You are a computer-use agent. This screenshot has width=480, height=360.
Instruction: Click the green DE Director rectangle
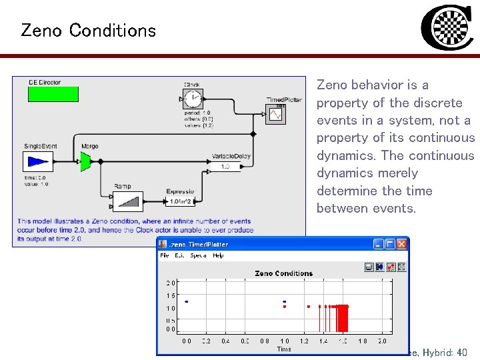click(53, 94)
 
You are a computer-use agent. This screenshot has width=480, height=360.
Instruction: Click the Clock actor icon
click(193, 99)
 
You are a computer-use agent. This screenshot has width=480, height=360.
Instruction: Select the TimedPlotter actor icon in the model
click(275, 115)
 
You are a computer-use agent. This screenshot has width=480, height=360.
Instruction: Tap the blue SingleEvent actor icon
click(39, 161)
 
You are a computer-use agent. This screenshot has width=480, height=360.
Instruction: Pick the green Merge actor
click(85, 161)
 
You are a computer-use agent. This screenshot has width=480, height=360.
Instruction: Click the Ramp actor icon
click(127, 201)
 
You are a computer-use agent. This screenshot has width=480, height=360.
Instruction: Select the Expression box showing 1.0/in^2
click(181, 201)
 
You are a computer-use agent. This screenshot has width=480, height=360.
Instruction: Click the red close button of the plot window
click(401, 245)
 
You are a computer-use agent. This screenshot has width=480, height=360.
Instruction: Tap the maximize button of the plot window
click(390, 245)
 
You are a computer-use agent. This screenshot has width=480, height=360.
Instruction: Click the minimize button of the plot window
click(379, 245)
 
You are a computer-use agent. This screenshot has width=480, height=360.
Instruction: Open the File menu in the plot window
click(164, 255)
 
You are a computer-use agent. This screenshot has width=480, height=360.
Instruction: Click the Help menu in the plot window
click(218, 255)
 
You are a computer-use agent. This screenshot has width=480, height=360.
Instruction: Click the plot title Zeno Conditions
click(283, 273)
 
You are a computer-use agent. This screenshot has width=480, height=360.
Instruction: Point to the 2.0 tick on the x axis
click(381, 341)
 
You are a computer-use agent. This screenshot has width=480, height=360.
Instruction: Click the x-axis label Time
click(284, 349)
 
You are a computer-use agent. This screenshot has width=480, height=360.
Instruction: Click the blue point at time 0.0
click(187, 301)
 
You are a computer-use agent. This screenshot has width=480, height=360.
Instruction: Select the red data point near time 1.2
click(309, 307)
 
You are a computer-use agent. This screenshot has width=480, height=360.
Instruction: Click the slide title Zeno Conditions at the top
click(88, 31)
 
